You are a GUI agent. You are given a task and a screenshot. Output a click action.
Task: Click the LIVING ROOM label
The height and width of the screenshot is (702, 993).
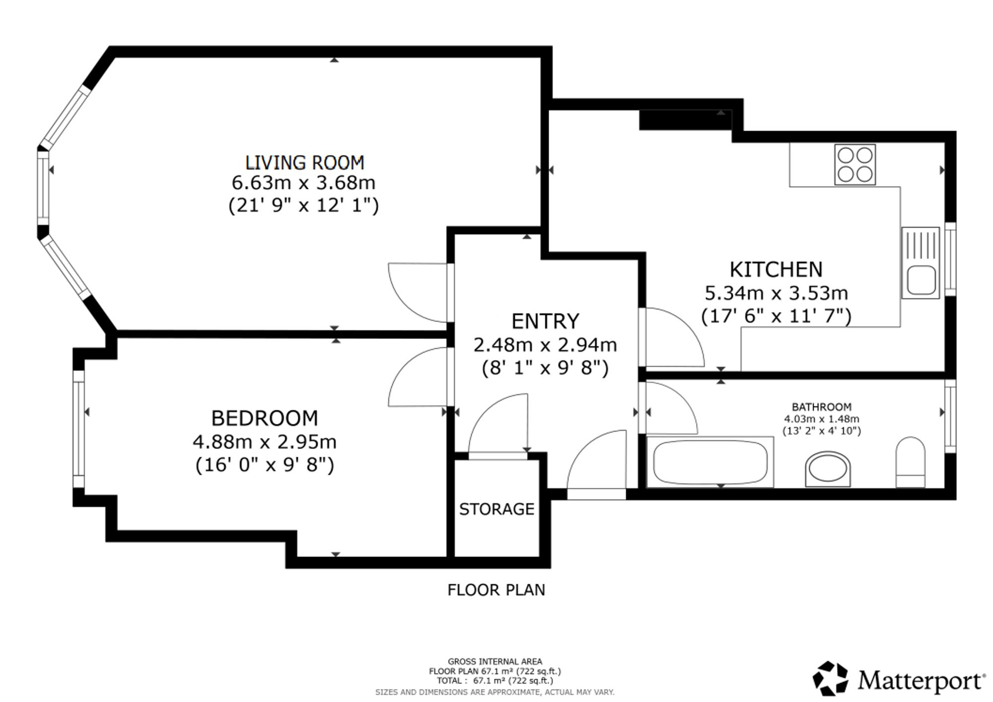(304, 163)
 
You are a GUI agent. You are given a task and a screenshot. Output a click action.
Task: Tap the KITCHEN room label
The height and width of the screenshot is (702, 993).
(776, 269)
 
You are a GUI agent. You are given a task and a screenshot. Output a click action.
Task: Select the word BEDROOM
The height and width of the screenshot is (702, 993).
(265, 418)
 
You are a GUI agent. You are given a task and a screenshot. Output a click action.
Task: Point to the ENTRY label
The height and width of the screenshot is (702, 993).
(545, 321)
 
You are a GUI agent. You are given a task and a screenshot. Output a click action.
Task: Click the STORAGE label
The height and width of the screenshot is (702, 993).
(496, 509)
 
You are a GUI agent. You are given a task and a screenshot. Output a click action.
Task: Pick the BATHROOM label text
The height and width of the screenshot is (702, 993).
(822, 407)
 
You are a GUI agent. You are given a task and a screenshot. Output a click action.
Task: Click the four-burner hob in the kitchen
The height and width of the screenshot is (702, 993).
(855, 164)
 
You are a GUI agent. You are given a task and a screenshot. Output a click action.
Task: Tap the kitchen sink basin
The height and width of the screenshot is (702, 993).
(921, 281)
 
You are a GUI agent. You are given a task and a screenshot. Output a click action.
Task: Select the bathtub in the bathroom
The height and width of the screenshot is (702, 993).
(710, 463)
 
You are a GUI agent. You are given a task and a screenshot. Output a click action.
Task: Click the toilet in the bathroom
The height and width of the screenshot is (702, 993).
(911, 462)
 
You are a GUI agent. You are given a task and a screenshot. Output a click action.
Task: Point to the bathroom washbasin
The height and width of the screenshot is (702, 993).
(828, 469)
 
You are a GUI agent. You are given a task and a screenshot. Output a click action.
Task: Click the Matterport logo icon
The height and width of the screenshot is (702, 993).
(830, 678)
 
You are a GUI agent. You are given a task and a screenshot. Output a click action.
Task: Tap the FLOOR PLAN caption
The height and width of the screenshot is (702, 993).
(496, 590)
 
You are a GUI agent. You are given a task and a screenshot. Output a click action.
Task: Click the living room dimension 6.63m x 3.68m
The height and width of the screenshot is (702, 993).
(303, 183)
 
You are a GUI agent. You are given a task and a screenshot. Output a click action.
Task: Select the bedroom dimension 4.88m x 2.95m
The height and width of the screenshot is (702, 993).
(265, 441)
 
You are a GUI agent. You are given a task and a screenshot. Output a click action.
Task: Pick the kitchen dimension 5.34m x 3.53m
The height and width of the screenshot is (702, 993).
(776, 293)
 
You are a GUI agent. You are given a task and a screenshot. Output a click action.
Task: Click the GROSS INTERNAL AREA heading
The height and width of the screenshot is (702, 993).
(495, 661)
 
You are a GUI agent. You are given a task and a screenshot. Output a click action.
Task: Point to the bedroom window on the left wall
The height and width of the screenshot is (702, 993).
(78, 429)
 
